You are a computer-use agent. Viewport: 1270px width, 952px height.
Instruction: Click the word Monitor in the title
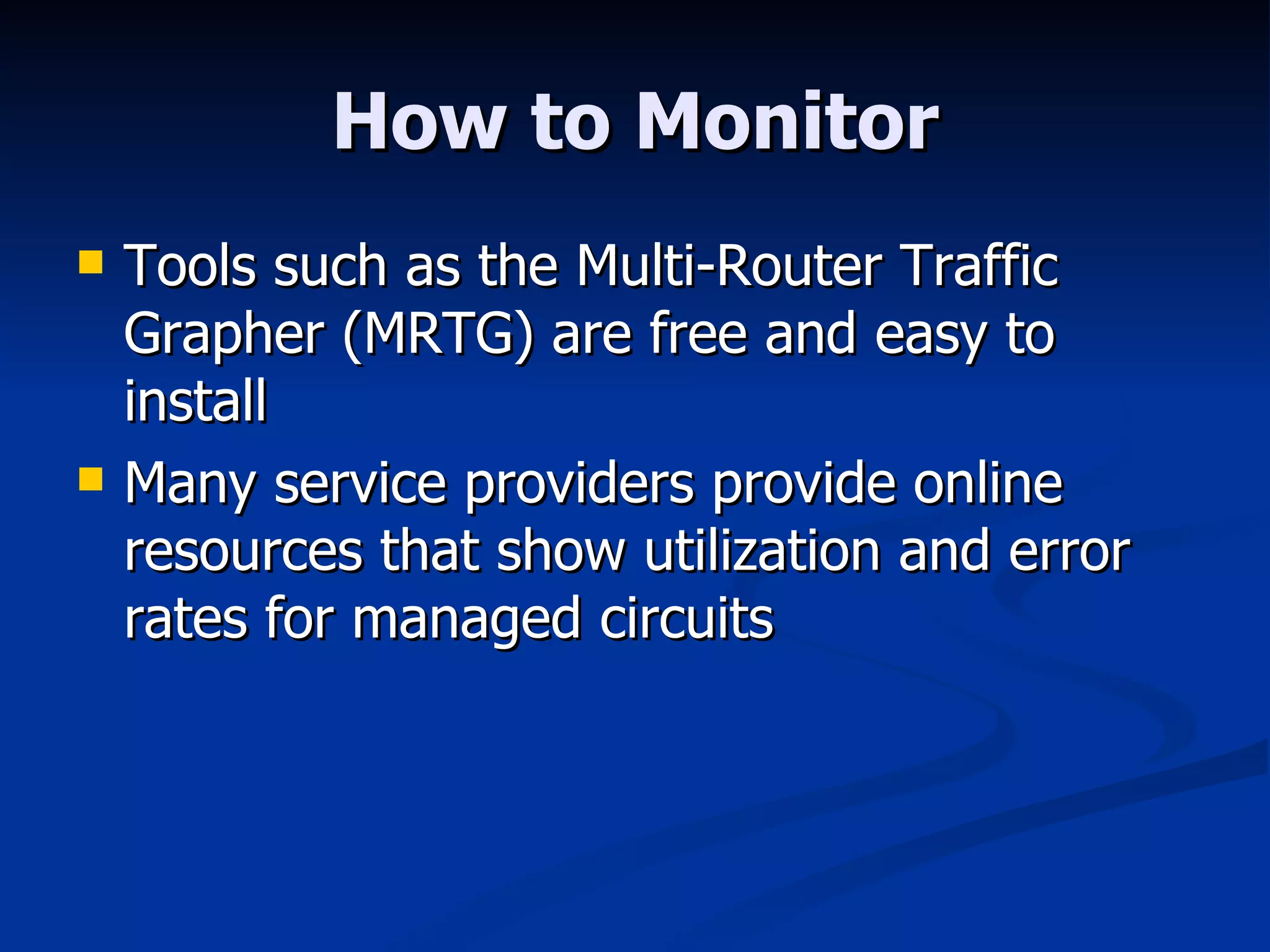point(788,122)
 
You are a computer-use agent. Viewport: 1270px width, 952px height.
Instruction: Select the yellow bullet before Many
point(91,479)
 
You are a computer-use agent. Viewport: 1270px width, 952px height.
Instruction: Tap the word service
point(360,483)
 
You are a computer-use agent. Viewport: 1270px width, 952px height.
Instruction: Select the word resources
point(244,552)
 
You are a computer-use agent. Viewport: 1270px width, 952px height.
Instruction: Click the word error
point(1069,552)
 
